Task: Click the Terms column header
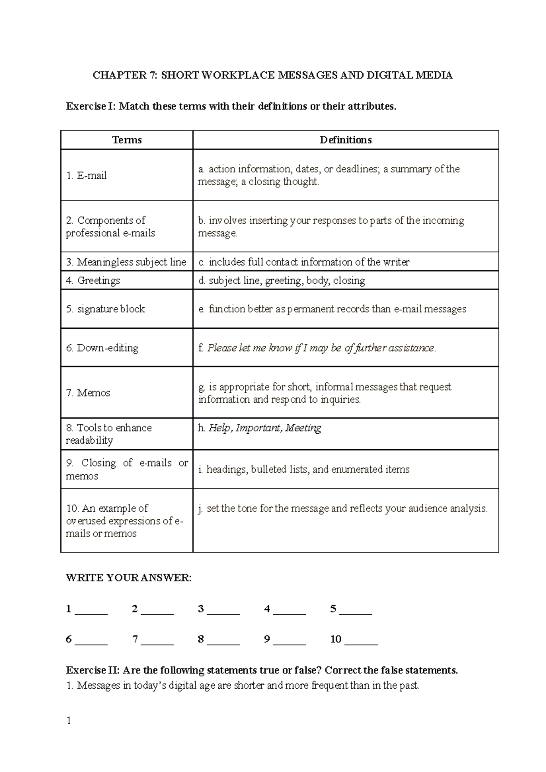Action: tap(127, 140)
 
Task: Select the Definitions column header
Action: tap(345, 140)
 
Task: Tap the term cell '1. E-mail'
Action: tap(86, 175)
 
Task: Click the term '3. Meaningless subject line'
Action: tap(126, 262)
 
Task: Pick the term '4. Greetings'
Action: tap(93, 281)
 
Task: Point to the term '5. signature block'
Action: tap(105, 309)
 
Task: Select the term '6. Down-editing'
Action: tap(102, 348)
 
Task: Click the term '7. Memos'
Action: tap(88, 393)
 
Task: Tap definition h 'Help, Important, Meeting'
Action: tap(260, 428)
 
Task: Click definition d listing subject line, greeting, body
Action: tap(282, 281)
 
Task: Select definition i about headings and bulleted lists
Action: tap(303, 469)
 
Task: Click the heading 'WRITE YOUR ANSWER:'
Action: tap(129, 578)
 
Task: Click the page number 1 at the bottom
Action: tap(69, 720)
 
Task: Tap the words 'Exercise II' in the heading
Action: tap(92, 670)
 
